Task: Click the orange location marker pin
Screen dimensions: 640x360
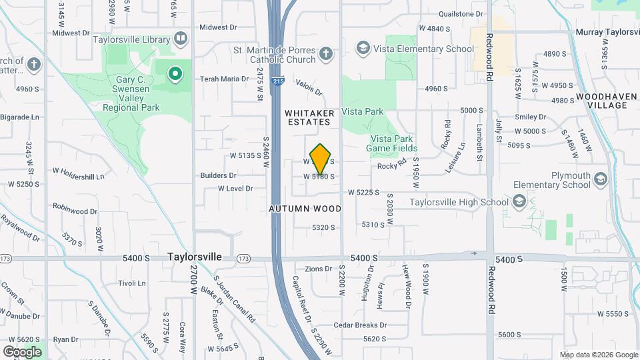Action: pos(321,159)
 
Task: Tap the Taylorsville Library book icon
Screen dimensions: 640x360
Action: pos(180,38)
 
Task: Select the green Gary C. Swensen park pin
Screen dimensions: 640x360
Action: pos(175,73)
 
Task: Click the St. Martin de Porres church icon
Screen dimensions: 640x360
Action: pos(325,53)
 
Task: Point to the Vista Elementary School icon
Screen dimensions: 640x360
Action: pos(363,49)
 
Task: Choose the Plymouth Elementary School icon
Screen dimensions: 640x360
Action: pos(601,179)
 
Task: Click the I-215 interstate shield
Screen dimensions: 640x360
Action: pos(277,81)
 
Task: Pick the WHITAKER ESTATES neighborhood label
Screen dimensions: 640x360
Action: pos(308,117)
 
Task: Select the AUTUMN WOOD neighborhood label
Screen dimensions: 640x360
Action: pos(305,209)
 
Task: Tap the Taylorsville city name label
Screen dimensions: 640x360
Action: pos(194,257)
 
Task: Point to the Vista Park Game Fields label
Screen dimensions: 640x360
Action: pos(392,143)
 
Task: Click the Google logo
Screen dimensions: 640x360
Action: pos(22,351)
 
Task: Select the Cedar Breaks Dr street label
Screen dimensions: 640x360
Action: pos(360,325)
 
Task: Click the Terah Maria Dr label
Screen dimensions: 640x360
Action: pos(225,79)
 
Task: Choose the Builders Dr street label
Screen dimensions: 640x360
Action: pos(218,175)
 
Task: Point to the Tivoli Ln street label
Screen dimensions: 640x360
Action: pos(131,283)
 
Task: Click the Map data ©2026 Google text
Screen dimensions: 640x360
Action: pos(599,355)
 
